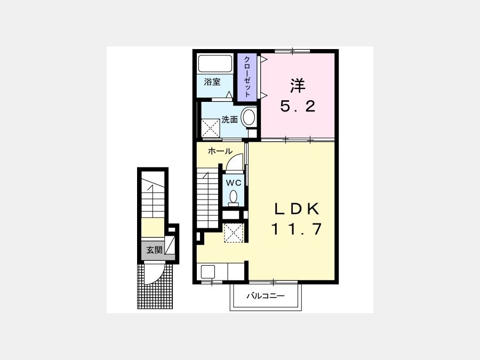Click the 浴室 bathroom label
212,82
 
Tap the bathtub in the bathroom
215,63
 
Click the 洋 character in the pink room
298,85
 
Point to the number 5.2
298,107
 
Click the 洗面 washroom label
229,119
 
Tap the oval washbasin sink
249,117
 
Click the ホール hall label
220,151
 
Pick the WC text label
234,183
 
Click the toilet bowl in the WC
234,197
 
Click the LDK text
297,210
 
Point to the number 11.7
297,229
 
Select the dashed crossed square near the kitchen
234,233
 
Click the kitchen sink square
208,272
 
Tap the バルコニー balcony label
266,296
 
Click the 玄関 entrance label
154,250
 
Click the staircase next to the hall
207,198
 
